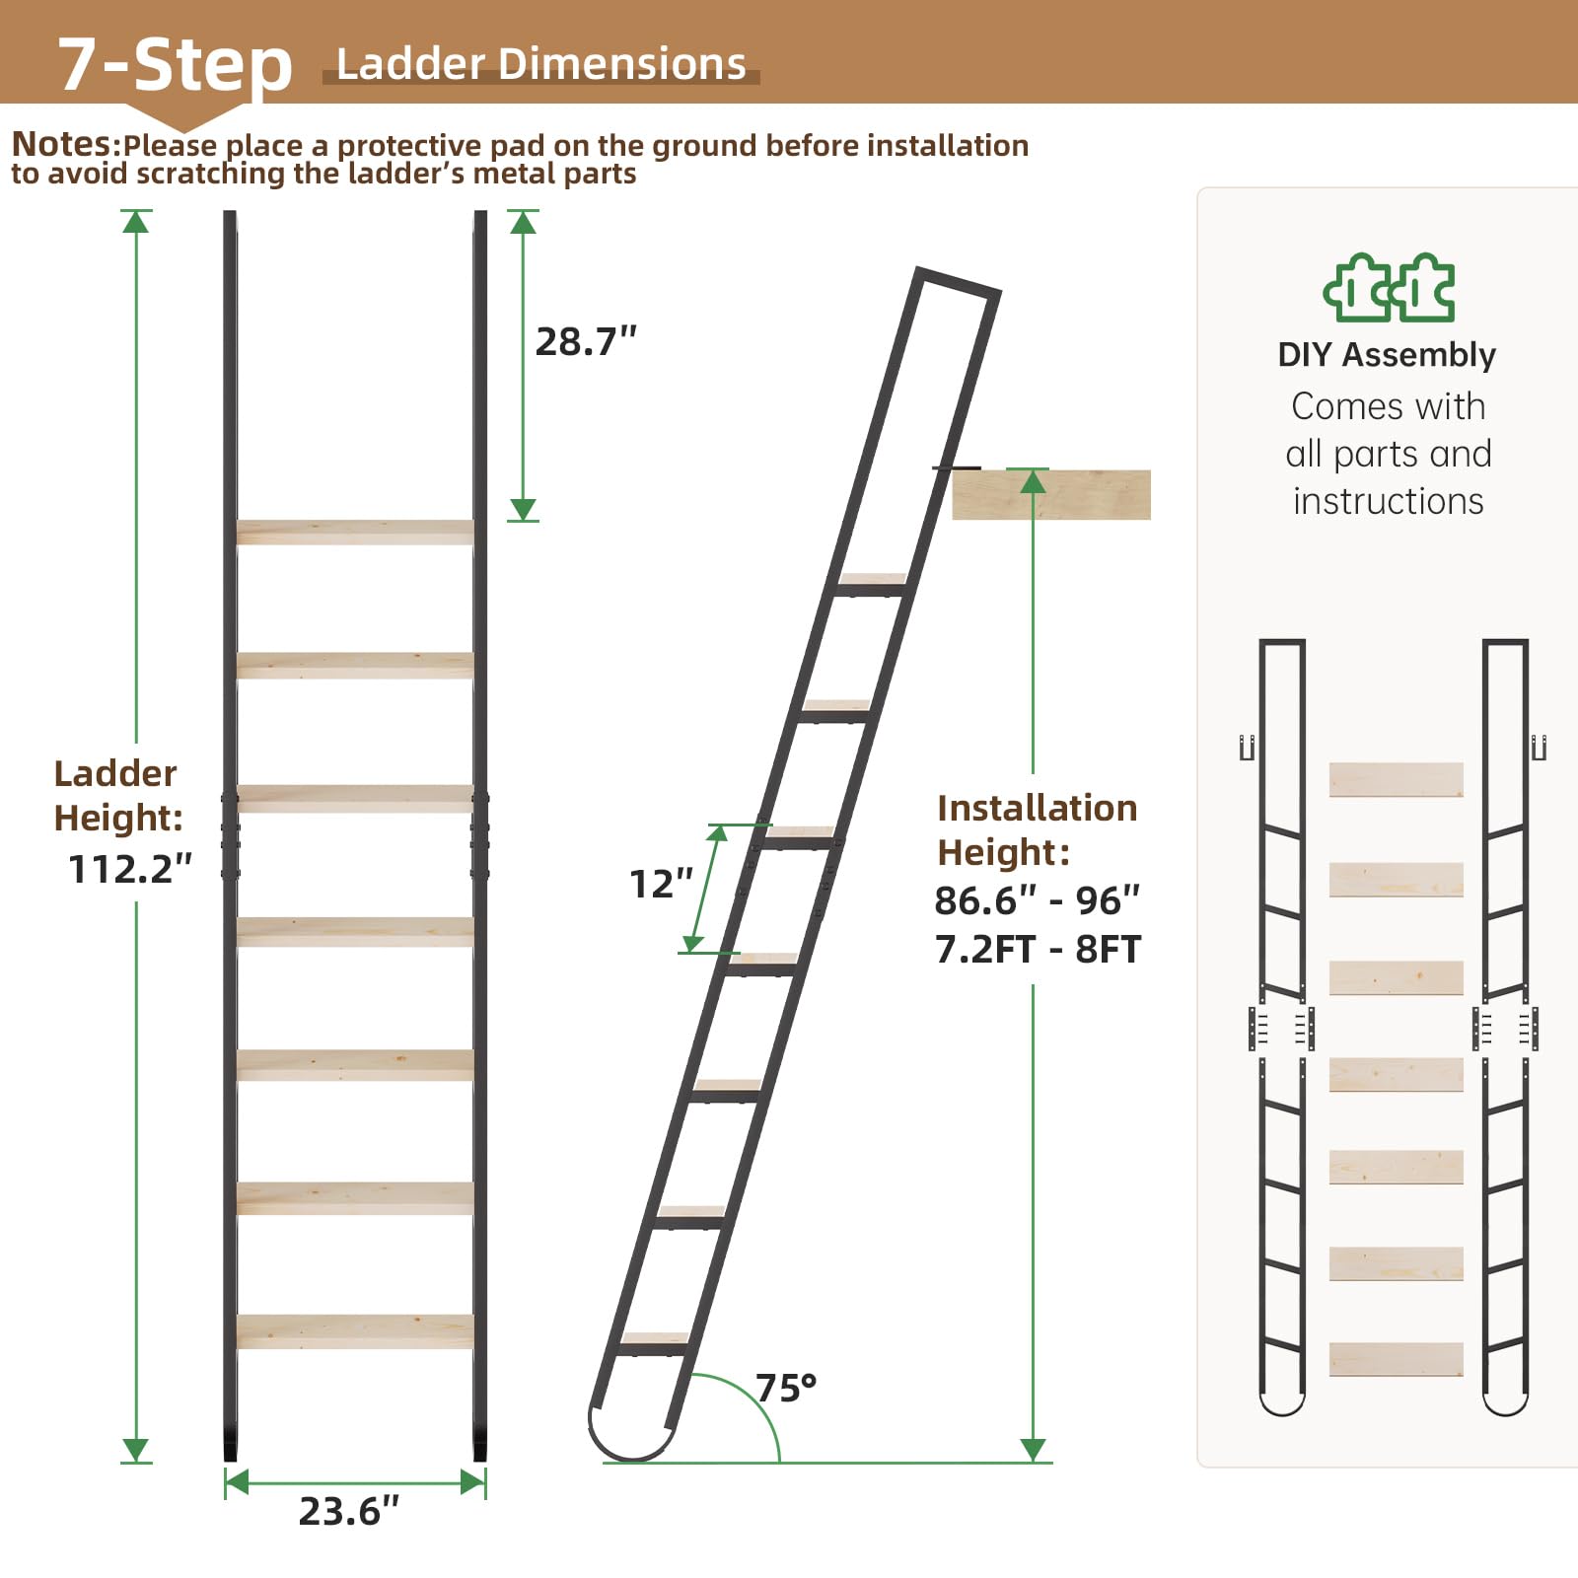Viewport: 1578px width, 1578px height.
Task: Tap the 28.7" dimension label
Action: pos(586,341)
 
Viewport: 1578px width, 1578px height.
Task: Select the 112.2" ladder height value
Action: pos(129,869)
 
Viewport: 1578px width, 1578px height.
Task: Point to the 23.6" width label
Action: pos(349,1511)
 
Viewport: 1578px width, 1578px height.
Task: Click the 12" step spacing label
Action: pos(661,884)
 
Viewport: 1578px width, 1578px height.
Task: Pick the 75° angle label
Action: pos(786,1388)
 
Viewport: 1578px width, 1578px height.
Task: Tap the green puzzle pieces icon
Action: pos(1389,287)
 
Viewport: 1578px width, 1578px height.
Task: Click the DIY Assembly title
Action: pos(1387,354)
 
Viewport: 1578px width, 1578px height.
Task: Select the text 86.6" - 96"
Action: pos(1037,899)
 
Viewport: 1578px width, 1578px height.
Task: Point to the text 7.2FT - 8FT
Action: pos(1038,949)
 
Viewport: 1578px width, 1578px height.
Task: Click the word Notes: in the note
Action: pos(65,144)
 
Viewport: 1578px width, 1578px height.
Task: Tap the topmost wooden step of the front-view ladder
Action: pos(355,532)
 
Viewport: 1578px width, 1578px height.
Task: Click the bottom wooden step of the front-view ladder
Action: pos(355,1331)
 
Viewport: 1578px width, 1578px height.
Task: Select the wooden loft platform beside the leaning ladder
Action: pos(1051,494)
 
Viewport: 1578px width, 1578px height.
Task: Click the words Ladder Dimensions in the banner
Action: pos(540,64)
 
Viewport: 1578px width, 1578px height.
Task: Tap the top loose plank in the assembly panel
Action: pos(1396,779)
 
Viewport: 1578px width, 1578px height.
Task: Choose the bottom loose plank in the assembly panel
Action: pos(1396,1359)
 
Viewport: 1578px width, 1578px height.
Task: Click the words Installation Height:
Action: pos(1037,829)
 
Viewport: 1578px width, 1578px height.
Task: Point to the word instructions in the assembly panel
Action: pos(1388,501)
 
